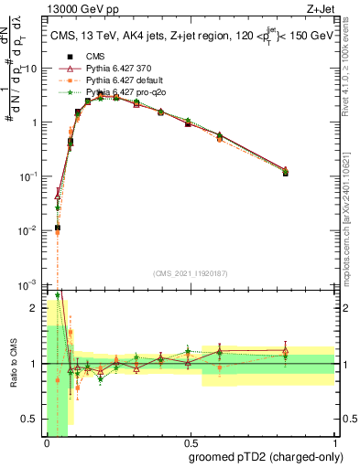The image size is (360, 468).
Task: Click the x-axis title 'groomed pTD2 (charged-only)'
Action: point(266,456)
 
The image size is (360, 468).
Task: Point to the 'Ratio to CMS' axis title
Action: point(13,364)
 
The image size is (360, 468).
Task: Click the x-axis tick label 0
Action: point(47,441)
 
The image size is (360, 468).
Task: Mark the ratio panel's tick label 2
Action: point(37,308)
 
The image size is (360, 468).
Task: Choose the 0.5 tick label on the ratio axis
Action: point(32,420)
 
